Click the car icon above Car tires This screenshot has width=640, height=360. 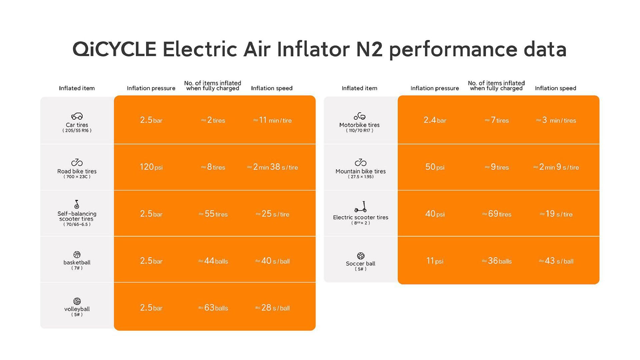pyautogui.click(x=77, y=116)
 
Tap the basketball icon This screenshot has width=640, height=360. pyautogui.click(x=77, y=255)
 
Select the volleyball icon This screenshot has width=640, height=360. pyautogui.click(x=77, y=301)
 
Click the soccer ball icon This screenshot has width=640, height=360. pyautogui.click(x=361, y=256)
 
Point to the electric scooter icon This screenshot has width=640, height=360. pyautogui.click(x=361, y=207)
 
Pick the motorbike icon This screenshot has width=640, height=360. pyautogui.click(x=360, y=116)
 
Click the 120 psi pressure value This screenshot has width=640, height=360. pyautogui.click(x=151, y=167)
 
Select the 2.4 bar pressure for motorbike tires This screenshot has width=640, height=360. pyautogui.click(x=435, y=120)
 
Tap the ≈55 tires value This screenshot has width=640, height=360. pyautogui.click(x=213, y=214)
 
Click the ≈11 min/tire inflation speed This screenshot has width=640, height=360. pyautogui.click(x=272, y=120)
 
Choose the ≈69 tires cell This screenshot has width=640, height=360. pyautogui.click(x=497, y=214)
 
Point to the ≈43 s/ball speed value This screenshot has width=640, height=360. pyautogui.click(x=556, y=261)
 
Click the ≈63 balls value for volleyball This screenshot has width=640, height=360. pyautogui.click(x=213, y=308)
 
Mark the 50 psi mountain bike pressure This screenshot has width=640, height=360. pyautogui.click(x=435, y=167)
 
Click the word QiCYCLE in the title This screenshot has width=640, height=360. pyautogui.click(x=114, y=49)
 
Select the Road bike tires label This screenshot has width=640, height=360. pyautogui.click(x=77, y=171)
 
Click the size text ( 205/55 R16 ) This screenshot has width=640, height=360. pyautogui.click(x=77, y=131)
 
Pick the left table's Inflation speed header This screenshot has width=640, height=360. pyautogui.click(x=272, y=88)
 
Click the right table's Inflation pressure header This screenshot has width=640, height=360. pyautogui.click(x=435, y=88)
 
